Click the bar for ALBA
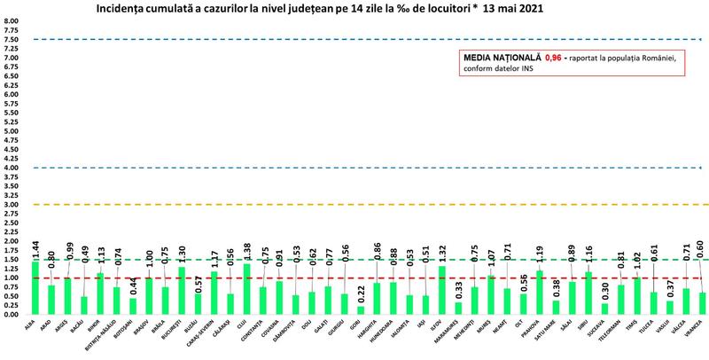[35, 288]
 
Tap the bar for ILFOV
[441, 290]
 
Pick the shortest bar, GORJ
[359, 310]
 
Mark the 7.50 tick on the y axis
[12, 39]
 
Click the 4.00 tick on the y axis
[12, 168]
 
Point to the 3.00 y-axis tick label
[12, 205]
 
